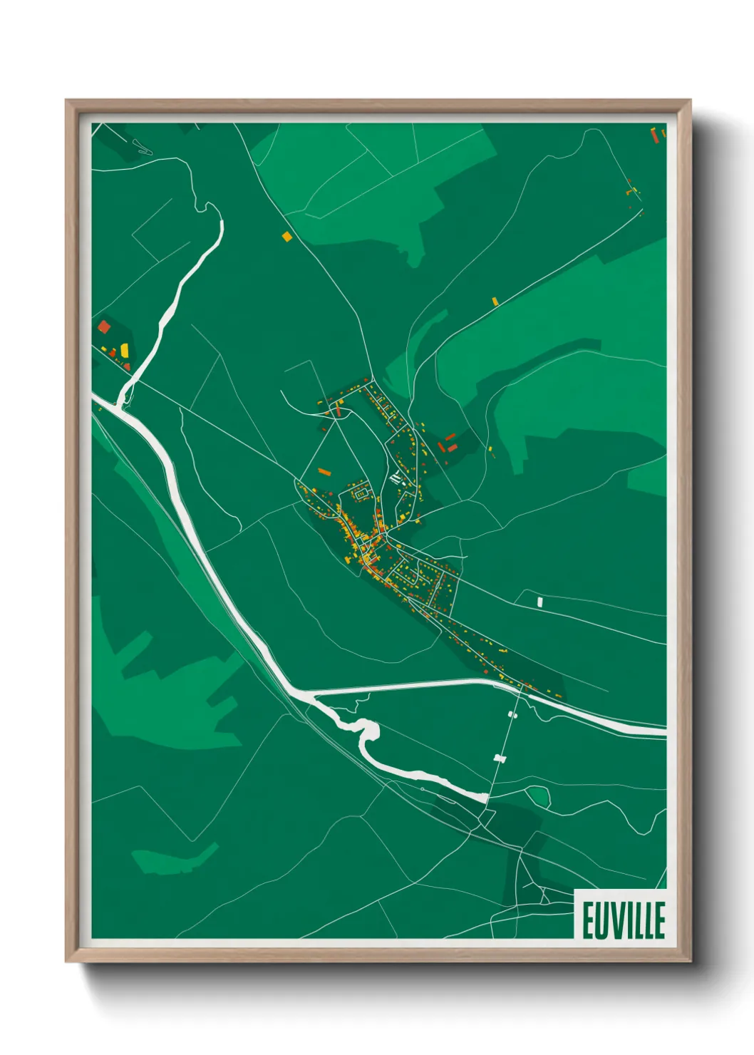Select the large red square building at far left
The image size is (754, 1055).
pos(104,327)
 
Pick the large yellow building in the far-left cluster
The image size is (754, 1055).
pos(125,350)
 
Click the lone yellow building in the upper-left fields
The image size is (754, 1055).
pos(286,236)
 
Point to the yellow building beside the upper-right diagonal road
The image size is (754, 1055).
pos(495,302)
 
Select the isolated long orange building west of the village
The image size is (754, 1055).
pos(324,471)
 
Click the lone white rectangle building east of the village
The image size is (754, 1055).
pos(539,602)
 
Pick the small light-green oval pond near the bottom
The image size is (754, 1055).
pos(537,794)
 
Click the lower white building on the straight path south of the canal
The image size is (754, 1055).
pos(500,758)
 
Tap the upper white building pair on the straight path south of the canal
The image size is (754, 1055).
pos(512,714)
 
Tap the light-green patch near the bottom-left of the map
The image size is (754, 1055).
pos(175,859)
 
